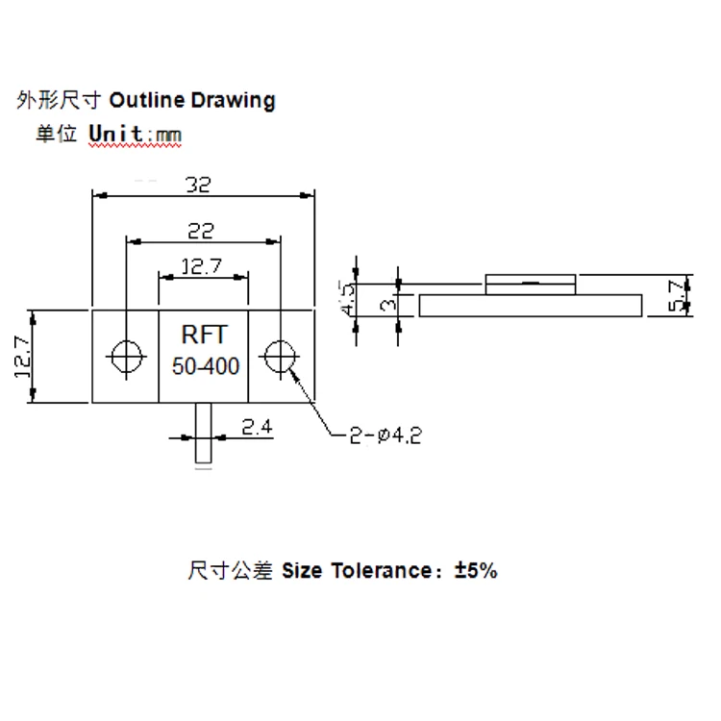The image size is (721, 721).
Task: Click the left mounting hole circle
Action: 125,356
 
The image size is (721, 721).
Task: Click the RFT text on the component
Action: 204,336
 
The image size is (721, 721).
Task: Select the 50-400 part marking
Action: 206,365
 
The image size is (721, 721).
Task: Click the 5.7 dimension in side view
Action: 679,295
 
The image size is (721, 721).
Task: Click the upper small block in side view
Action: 531,284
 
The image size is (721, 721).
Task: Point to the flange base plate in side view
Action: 532,306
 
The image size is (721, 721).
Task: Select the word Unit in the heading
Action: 115,134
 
